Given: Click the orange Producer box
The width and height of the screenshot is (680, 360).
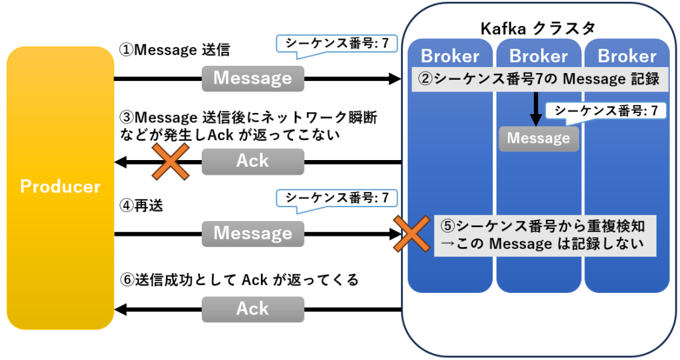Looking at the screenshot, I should pyautogui.click(x=60, y=187).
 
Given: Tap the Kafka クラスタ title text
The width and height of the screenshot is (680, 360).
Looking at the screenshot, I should pyautogui.click(x=537, y=28).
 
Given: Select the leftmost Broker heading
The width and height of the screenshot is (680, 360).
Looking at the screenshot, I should pyautogui.click(x=450, y=56).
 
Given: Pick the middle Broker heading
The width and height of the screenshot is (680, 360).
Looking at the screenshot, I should pyautogui.click(x=539, y=56).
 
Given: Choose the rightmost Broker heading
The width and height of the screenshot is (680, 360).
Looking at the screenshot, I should pyautogui.click(x=626, y=56).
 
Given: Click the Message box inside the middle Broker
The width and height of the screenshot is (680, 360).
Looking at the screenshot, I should pyautogui.click(x=539, y=138).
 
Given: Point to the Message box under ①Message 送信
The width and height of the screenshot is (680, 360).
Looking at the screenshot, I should pyautogui.click(x=252, y=78).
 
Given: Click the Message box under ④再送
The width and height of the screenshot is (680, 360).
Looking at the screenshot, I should pyautogui.click(x=252, y=233).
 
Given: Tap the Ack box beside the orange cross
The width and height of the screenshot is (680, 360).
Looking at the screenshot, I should pyautogui.click(x=252, y=161).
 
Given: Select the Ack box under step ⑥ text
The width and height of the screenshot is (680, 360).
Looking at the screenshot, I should pyautogui.click(x=252, y=309).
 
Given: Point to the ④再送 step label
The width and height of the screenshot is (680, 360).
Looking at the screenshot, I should pyautogui.click(x=141, y=205).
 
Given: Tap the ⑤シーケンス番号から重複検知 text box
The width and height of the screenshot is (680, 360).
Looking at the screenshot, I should pyautogui.click(x=545, y=234).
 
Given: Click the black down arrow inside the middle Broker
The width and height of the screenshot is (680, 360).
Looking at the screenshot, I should pyautogui.click(x=536, y=108).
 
